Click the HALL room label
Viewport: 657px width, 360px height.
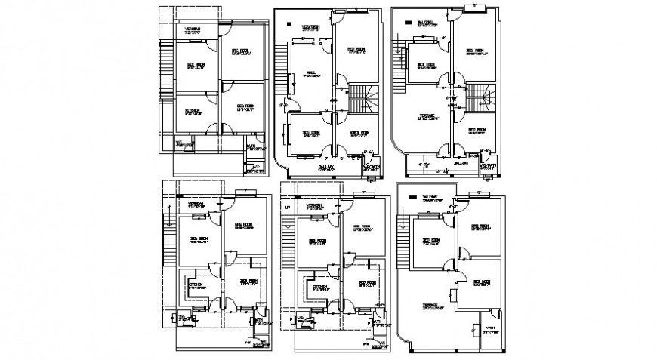pyautogui.click(x=310, y=74)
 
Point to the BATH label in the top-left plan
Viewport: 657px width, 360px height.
pyautogui.click(x=250, y=147)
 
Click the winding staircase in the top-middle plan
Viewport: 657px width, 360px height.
pyautogui.click(x=362, y=98)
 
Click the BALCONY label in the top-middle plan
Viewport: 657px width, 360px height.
pyautogui.click(x=326, y=168)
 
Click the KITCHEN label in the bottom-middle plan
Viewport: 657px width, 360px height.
pyautogui.click(x=319, y=287)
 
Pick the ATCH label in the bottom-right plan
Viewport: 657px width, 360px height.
pyautogui.click(x=489, y=327)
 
